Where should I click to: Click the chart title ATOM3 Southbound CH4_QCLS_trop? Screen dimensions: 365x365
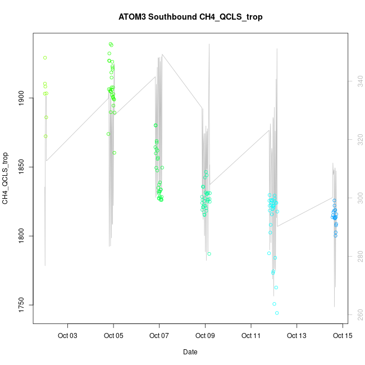click(x=190, y=17)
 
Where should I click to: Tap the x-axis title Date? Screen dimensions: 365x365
click(x=190, y=352)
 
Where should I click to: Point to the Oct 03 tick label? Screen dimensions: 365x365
click(x=68, y=336)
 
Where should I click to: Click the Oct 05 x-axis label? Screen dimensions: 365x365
click(x=113, y=336)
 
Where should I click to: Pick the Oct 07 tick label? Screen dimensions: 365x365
click(x=159, y=336)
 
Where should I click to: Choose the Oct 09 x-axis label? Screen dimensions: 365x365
click(x=205, y=336)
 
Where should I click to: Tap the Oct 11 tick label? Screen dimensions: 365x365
click(x=250, y=336)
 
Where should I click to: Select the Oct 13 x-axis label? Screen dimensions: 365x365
click(x=296, y=336)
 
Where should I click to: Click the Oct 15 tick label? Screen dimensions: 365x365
click(x=342, y=336)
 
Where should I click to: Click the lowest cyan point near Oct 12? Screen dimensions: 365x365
click(x=277, y=313)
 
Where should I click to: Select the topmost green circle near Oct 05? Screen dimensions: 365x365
click(x=111, y=44)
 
